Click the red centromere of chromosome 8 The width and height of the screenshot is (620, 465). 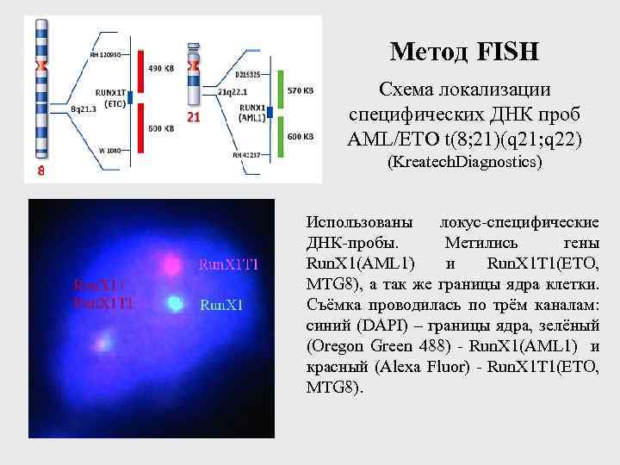40,65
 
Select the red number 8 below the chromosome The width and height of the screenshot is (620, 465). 40,170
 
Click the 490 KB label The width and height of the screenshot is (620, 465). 160,68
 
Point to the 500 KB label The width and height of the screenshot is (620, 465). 160,128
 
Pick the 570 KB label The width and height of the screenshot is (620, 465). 299,90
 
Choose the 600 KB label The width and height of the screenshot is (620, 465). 299,136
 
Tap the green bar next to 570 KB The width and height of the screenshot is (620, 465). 281,93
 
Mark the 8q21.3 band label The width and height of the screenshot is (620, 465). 84,109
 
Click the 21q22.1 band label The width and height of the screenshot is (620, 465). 232,91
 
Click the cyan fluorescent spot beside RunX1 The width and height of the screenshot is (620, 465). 175,302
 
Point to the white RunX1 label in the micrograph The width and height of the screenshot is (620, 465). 220,304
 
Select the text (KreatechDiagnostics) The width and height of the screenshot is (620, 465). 464,162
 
